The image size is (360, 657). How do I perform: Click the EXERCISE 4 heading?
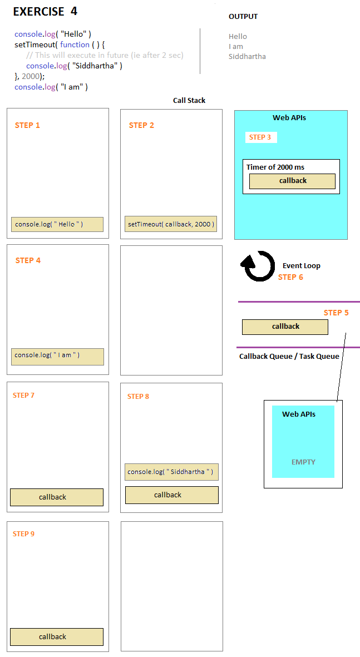45,11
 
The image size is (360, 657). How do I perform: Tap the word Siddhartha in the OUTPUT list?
247,56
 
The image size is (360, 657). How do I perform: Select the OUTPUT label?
243,16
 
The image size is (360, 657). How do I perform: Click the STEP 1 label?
27,125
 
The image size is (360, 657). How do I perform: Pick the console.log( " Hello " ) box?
57,224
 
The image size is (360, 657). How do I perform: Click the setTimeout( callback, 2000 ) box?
171,224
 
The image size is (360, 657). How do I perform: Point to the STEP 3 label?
260,137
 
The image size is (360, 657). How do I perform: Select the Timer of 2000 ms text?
275,167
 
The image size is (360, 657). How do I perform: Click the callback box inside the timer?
292,181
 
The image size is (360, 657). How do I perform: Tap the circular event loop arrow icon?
258,266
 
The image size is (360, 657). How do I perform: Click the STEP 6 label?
290,277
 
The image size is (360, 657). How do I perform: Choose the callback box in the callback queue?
285,327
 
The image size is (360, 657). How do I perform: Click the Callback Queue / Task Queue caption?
289,356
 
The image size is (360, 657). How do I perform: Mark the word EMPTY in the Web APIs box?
303,462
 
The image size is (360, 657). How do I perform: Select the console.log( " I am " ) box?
57,357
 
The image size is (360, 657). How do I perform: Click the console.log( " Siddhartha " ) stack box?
171,472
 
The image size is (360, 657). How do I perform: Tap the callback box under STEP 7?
57,497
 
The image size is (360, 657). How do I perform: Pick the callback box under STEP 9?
57,637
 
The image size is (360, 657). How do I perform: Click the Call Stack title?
189,101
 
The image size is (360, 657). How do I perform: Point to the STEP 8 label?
138,397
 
